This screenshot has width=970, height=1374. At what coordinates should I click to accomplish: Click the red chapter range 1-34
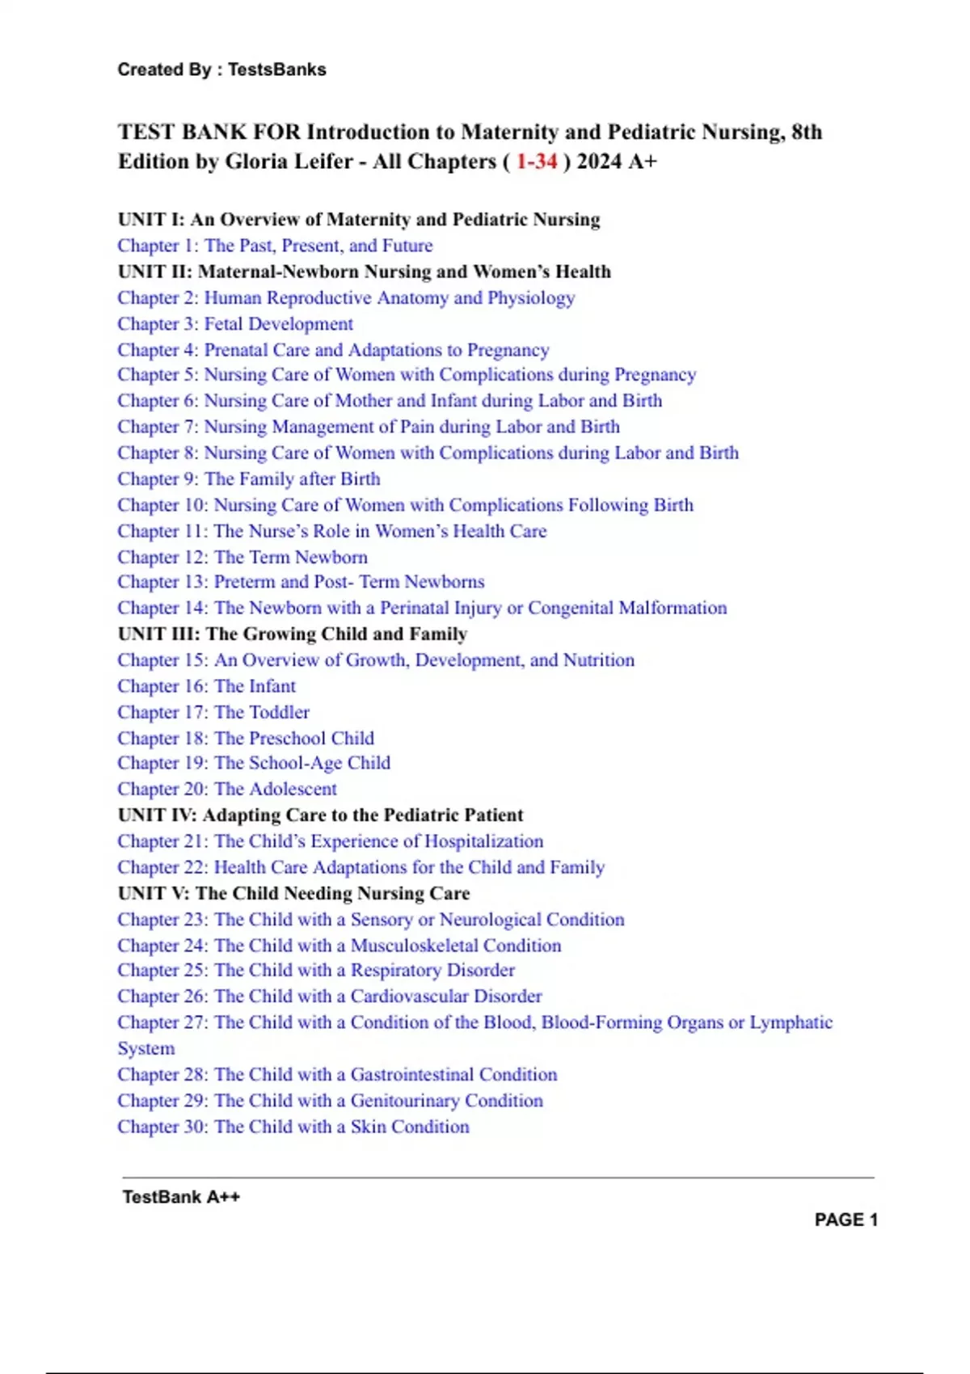coord(537,162)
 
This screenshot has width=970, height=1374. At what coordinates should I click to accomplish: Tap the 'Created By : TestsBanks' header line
coord(221,70)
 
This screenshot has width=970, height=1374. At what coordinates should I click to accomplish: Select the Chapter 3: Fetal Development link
coord(235,324)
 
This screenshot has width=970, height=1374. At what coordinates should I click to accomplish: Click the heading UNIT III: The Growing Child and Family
coord(293,634)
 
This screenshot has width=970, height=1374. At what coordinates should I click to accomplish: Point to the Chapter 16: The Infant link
coord(206,686)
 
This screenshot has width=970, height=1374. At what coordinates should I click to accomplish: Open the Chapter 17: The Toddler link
coord(213,712)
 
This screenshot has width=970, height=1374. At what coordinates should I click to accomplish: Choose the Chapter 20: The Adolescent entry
coord(227,789)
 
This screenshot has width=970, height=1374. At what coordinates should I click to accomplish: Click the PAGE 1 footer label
coord(846,1220)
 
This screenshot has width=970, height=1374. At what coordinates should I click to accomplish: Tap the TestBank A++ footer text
coord(181,1197)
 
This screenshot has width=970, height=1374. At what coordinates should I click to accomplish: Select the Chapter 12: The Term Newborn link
coord(242,557)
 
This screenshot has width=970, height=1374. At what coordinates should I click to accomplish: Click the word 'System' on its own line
coord(146,1048)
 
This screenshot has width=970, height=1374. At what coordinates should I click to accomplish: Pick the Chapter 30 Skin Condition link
coord(293,1127)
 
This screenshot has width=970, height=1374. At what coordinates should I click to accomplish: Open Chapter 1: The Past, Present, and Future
coord(275,246)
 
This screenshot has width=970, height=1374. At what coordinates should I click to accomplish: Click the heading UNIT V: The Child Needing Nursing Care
coord(293,893)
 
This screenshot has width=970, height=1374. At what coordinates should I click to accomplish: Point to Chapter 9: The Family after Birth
coord(249,479)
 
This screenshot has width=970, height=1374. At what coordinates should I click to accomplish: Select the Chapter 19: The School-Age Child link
coord(254,763)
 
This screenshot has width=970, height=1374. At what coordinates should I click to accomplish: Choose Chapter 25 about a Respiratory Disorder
coord(316,970)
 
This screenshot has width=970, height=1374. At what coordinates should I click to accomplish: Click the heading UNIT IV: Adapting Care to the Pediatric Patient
coord(320,815)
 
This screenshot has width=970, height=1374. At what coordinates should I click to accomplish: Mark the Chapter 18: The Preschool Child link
coord(246,738)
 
